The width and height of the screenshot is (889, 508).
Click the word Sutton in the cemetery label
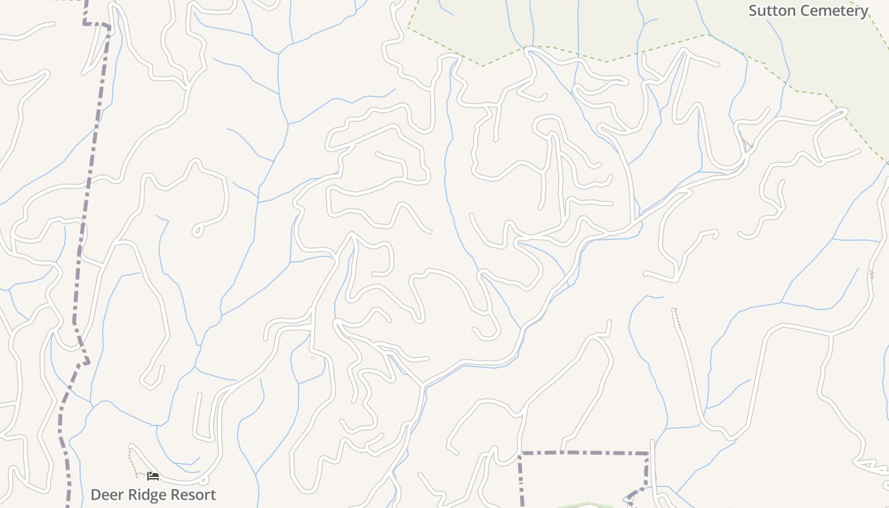click(770, 11)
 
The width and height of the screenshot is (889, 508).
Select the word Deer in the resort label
click(105, 495)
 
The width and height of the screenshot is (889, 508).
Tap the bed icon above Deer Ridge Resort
click(152, 476)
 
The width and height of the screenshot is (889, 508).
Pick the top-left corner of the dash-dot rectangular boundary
click(520, 453)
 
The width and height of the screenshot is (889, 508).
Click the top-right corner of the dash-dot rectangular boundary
click(647, 453)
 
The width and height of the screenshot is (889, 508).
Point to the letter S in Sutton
click(754, 11)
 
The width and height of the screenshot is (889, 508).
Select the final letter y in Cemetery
click(864, 12)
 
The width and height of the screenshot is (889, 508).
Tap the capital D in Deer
click(96, 495)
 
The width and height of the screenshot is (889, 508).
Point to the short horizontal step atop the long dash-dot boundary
click(97, 25)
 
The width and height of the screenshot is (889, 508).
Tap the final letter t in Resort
click(213, 495)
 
